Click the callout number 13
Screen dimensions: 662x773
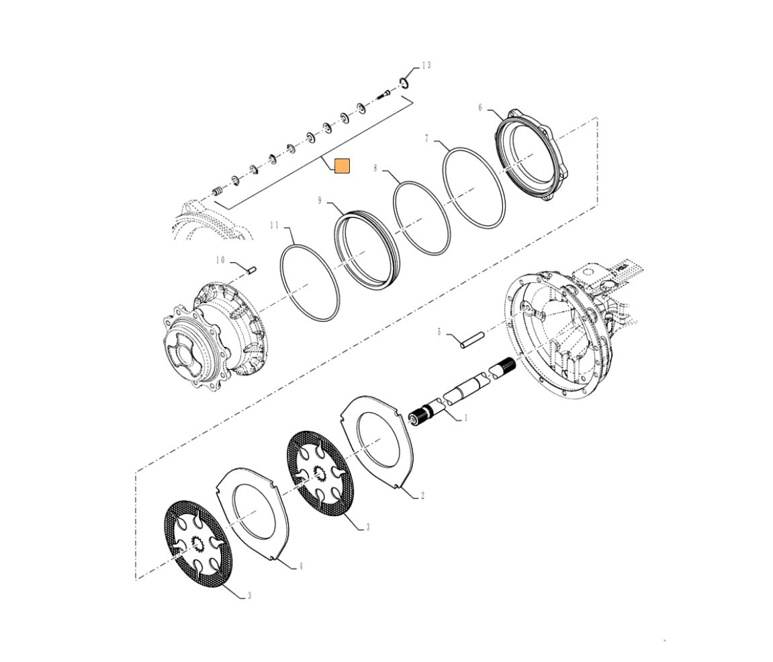click(426, 65)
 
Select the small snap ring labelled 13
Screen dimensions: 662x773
click(404, 83)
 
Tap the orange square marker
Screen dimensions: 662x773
click(342, 165)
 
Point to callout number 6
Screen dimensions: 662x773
click(480, 108)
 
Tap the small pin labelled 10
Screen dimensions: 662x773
click(252, 270)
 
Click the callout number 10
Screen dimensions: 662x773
click(220, 260)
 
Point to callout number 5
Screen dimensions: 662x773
click(439, 332)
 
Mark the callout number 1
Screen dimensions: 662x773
click(464, 418)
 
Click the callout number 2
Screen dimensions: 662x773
click(422, 496)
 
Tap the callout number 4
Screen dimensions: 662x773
click(301, 567)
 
